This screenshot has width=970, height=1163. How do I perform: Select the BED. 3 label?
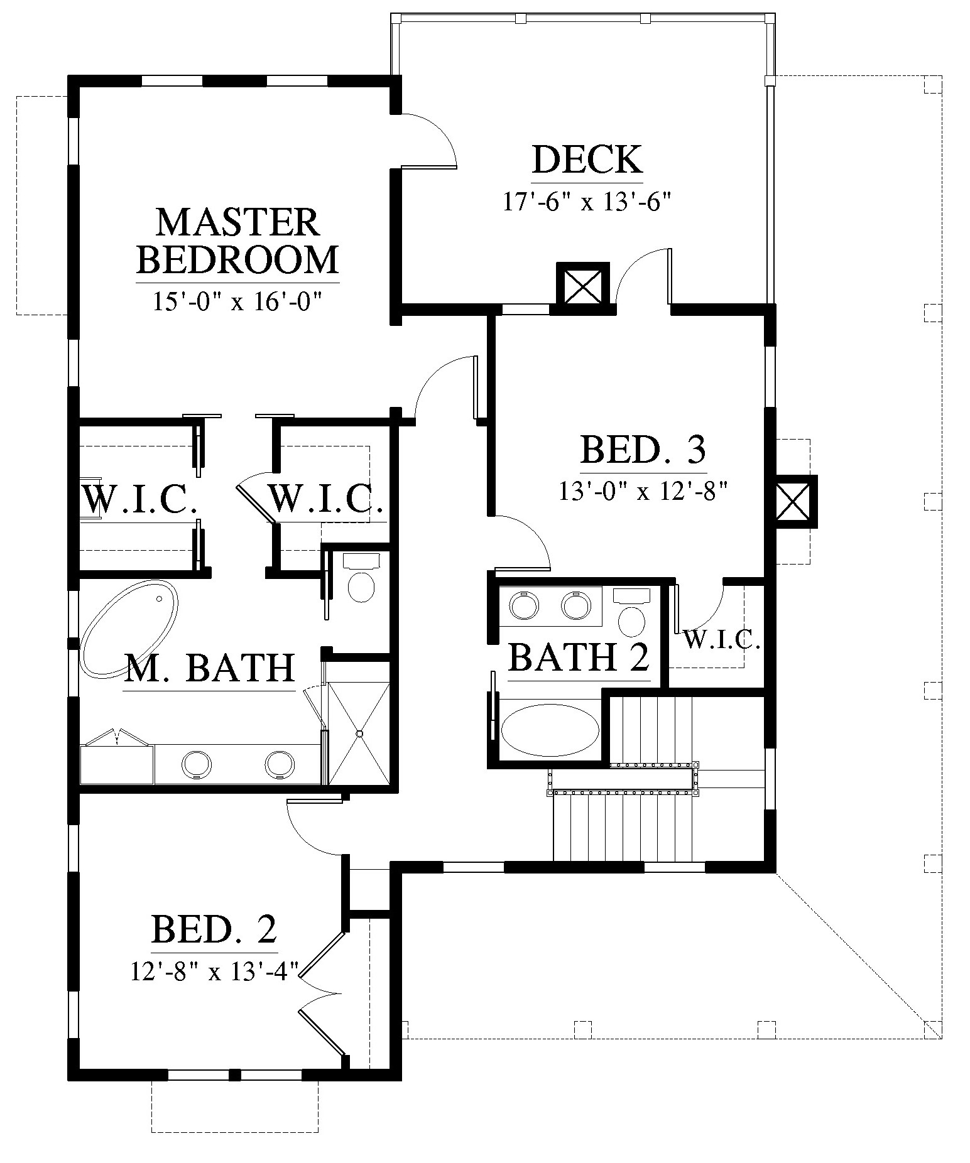coord(643,450)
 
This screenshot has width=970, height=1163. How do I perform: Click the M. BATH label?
coord(210,668)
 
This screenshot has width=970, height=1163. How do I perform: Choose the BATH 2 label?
coord(579,658)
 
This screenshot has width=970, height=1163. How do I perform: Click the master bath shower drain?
coord(359,733)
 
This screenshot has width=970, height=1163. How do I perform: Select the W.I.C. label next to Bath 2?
coord(722,641)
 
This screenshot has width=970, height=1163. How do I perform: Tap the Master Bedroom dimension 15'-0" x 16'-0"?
coord(237,303)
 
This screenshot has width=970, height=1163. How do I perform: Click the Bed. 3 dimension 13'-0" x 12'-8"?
coord(643,490)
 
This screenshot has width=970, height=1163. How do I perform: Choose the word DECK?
coord(587,160)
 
